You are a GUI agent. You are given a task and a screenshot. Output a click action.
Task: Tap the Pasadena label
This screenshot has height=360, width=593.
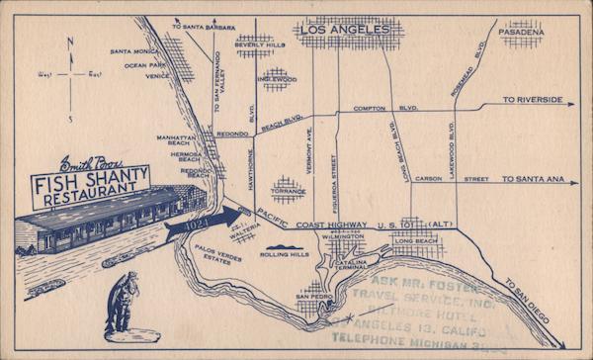(521, 32)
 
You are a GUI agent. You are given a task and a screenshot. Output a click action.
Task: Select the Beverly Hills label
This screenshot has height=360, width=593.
(259, 45)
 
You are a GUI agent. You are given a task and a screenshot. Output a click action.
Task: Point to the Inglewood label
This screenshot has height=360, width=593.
(278, 79)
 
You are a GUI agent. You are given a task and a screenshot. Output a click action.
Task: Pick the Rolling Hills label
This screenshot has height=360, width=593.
(284, 254)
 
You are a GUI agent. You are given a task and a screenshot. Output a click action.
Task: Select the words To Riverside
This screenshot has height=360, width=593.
(532, 100)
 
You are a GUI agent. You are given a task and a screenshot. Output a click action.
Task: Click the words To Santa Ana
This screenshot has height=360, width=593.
(532, 179)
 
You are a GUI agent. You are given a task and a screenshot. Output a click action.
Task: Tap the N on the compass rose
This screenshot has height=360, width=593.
(69, 43)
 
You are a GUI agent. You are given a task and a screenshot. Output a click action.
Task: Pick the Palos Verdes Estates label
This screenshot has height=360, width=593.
(213, 251)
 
